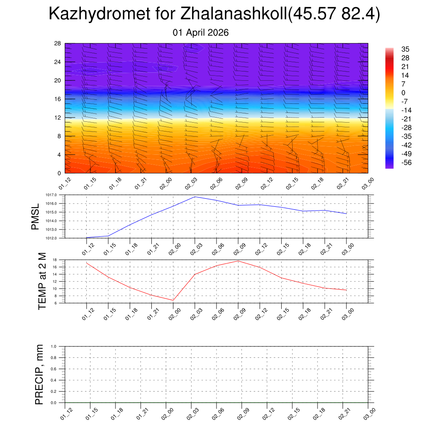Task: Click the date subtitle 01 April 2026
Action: tap(201, 33)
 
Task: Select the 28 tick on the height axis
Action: tap(58, 44)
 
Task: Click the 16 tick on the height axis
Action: tap(58, 99)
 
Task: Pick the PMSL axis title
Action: tap(36, 216)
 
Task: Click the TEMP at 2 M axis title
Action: tap(42, 281)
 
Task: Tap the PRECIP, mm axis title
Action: tap(39, 375)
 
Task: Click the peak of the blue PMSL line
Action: tap(195, 197)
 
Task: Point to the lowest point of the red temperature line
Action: tap(173, 300)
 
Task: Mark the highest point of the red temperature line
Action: tap(238, 261)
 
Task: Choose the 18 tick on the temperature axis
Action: tap(55, 260)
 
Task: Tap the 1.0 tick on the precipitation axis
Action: tap(54, 346)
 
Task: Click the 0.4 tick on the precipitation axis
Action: tap(54, 380)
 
